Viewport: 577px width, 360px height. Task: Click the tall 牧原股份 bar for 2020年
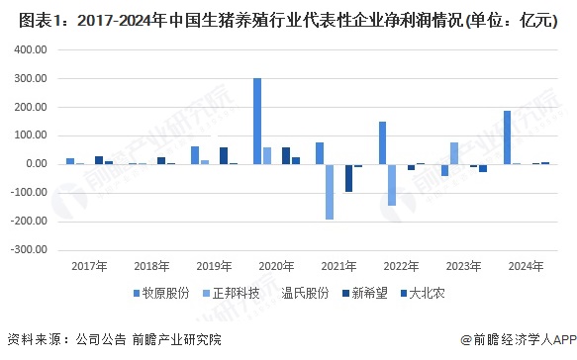point(257,121)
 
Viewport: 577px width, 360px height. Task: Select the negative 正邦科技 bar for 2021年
point(330,191)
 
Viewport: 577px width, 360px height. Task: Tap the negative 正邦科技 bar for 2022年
point(392,184)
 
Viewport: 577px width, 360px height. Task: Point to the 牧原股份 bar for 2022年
point(382,142)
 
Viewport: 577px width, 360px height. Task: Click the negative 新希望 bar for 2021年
point(349,178)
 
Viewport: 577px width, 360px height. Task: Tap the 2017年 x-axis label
point(89,267)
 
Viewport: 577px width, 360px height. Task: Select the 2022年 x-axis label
point(401,267)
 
